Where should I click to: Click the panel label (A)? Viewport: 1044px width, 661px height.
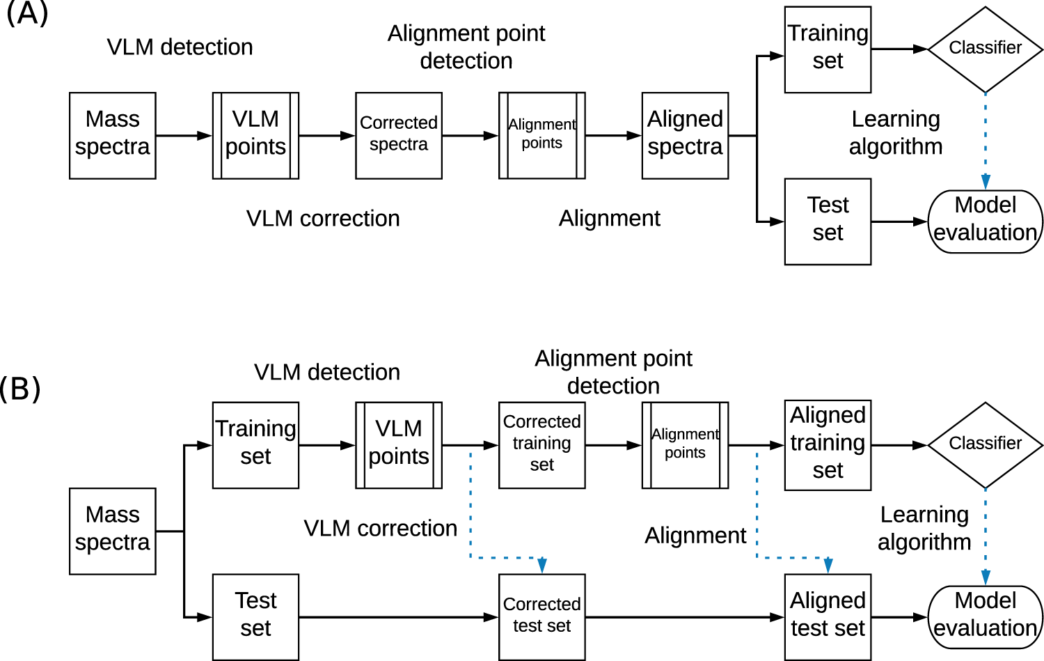click(x=26, y=13)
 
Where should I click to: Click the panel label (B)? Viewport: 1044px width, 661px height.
click(x=20, y=388)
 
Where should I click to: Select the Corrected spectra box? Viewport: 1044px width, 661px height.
click(x=399, y=136)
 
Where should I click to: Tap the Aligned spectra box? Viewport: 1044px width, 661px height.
click(x=685, y=136)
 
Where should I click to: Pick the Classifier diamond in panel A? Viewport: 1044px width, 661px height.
click(x=985, y=49)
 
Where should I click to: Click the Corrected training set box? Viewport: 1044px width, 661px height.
click(x=541, y=444)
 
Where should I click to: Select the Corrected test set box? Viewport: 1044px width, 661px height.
click(x=541, y=616)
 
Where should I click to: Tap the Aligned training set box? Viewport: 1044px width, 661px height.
click(x=828, y=444)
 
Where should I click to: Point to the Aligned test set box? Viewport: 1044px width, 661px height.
click(x=828, y=616)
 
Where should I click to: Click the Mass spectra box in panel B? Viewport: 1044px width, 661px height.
click(x=113, y=531)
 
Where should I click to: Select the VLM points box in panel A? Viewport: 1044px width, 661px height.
click(x=255, y=136)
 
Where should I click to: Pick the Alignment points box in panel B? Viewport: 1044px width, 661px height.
click(x=685, y=444)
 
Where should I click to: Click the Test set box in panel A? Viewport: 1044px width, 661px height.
click(x=828, y=221)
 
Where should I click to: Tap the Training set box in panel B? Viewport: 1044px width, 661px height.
click(x=255, y=444)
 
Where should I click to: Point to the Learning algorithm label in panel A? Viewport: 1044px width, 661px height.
click(x=896, y=132)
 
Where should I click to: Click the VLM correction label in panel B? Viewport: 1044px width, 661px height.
click(x=380, y=529)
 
